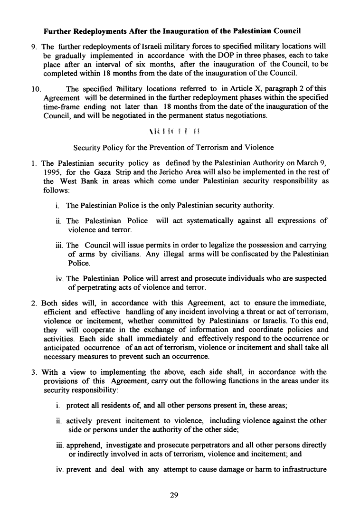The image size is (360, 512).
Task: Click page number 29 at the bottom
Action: [174, 496]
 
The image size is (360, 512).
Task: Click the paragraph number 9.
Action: [33, 47]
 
